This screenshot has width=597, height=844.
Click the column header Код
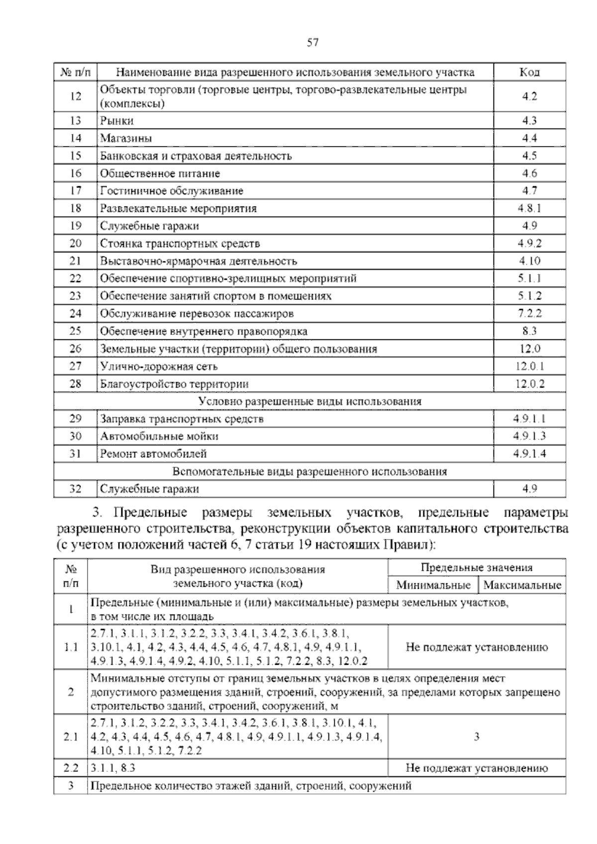click(529, 72)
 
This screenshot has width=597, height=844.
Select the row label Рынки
click(117, 120)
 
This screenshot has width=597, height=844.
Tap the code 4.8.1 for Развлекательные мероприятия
click(529, 208)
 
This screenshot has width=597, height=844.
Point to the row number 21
click(75, 261)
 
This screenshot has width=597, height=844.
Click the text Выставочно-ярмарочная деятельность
click(199, 261)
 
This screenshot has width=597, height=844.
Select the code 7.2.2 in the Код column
click(529, 314)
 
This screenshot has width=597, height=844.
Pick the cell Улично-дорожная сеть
click(159, 366)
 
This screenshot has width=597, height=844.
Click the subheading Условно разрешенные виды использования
click(309, 401)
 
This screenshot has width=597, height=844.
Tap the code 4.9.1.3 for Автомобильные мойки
click(529, 436)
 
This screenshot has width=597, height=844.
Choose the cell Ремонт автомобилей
click(153, 454)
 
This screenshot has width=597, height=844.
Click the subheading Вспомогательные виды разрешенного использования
click(309, 471)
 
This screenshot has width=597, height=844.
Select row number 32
click(75, 489)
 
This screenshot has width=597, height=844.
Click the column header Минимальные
click(433, 585)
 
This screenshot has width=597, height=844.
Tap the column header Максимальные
click(522, 585)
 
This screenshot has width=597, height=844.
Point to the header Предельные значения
click(476, 568)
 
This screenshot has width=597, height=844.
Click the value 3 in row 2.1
click(476, 737)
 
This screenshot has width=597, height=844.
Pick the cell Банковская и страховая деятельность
click(196, 156)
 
